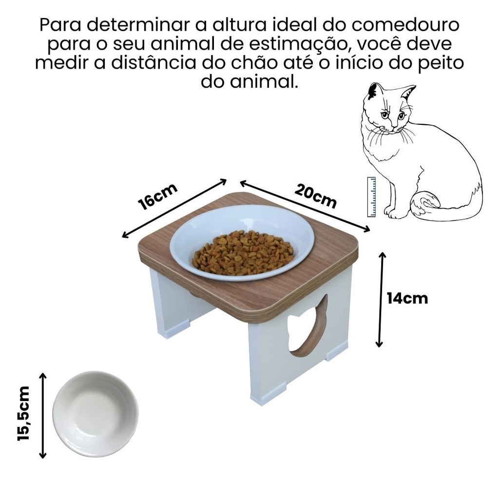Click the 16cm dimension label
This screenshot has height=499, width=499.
tap(157, 196)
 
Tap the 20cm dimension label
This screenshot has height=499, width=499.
tap(315, 196)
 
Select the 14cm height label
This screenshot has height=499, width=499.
tap(407, 299)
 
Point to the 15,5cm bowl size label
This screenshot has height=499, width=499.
tap(23, 413)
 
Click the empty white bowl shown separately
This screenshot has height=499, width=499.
tap(96, 414)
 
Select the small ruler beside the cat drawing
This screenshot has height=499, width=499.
tap(372, 197)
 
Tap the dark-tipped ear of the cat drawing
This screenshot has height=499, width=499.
tap(373, 91)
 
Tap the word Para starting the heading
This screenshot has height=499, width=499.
tap(60, 25)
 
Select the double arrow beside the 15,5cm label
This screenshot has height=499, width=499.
tap(43, 416)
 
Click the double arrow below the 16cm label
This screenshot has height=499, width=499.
tap(174, 209)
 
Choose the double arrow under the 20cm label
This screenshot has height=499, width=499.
tap(305, 206)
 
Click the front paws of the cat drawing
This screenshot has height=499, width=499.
tap(392, 212)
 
